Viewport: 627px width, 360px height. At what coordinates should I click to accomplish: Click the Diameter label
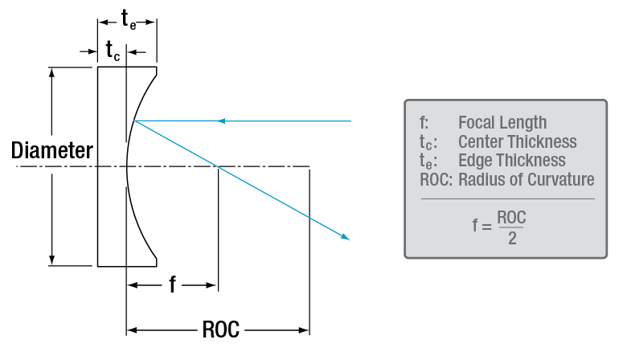(52, 150)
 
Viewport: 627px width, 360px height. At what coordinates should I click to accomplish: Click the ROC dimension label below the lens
(219, 329)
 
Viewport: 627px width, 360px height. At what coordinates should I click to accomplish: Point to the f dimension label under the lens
(172, 284)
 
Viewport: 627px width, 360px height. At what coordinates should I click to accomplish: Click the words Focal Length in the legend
(502, 123)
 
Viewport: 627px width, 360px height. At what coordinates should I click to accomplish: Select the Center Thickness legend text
(517, 142)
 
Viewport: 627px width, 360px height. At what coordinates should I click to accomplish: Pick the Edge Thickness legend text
(511, 161)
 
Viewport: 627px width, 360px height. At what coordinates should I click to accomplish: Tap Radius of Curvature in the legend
(526, 179)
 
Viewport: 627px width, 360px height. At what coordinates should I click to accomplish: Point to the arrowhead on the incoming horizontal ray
(223, 121)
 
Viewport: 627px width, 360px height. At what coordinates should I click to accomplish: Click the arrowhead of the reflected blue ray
(346, 237)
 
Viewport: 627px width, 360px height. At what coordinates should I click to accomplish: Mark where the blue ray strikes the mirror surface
(136, 121)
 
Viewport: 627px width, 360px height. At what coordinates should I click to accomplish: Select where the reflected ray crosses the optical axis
(218, 167)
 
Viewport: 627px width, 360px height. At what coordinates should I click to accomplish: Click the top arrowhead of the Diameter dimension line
(52, 72)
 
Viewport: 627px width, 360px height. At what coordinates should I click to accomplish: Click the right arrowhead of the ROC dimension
(305, 329)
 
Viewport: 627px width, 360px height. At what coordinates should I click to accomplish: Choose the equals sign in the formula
(486, 227)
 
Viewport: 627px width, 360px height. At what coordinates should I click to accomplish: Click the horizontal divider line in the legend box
(506, 198)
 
